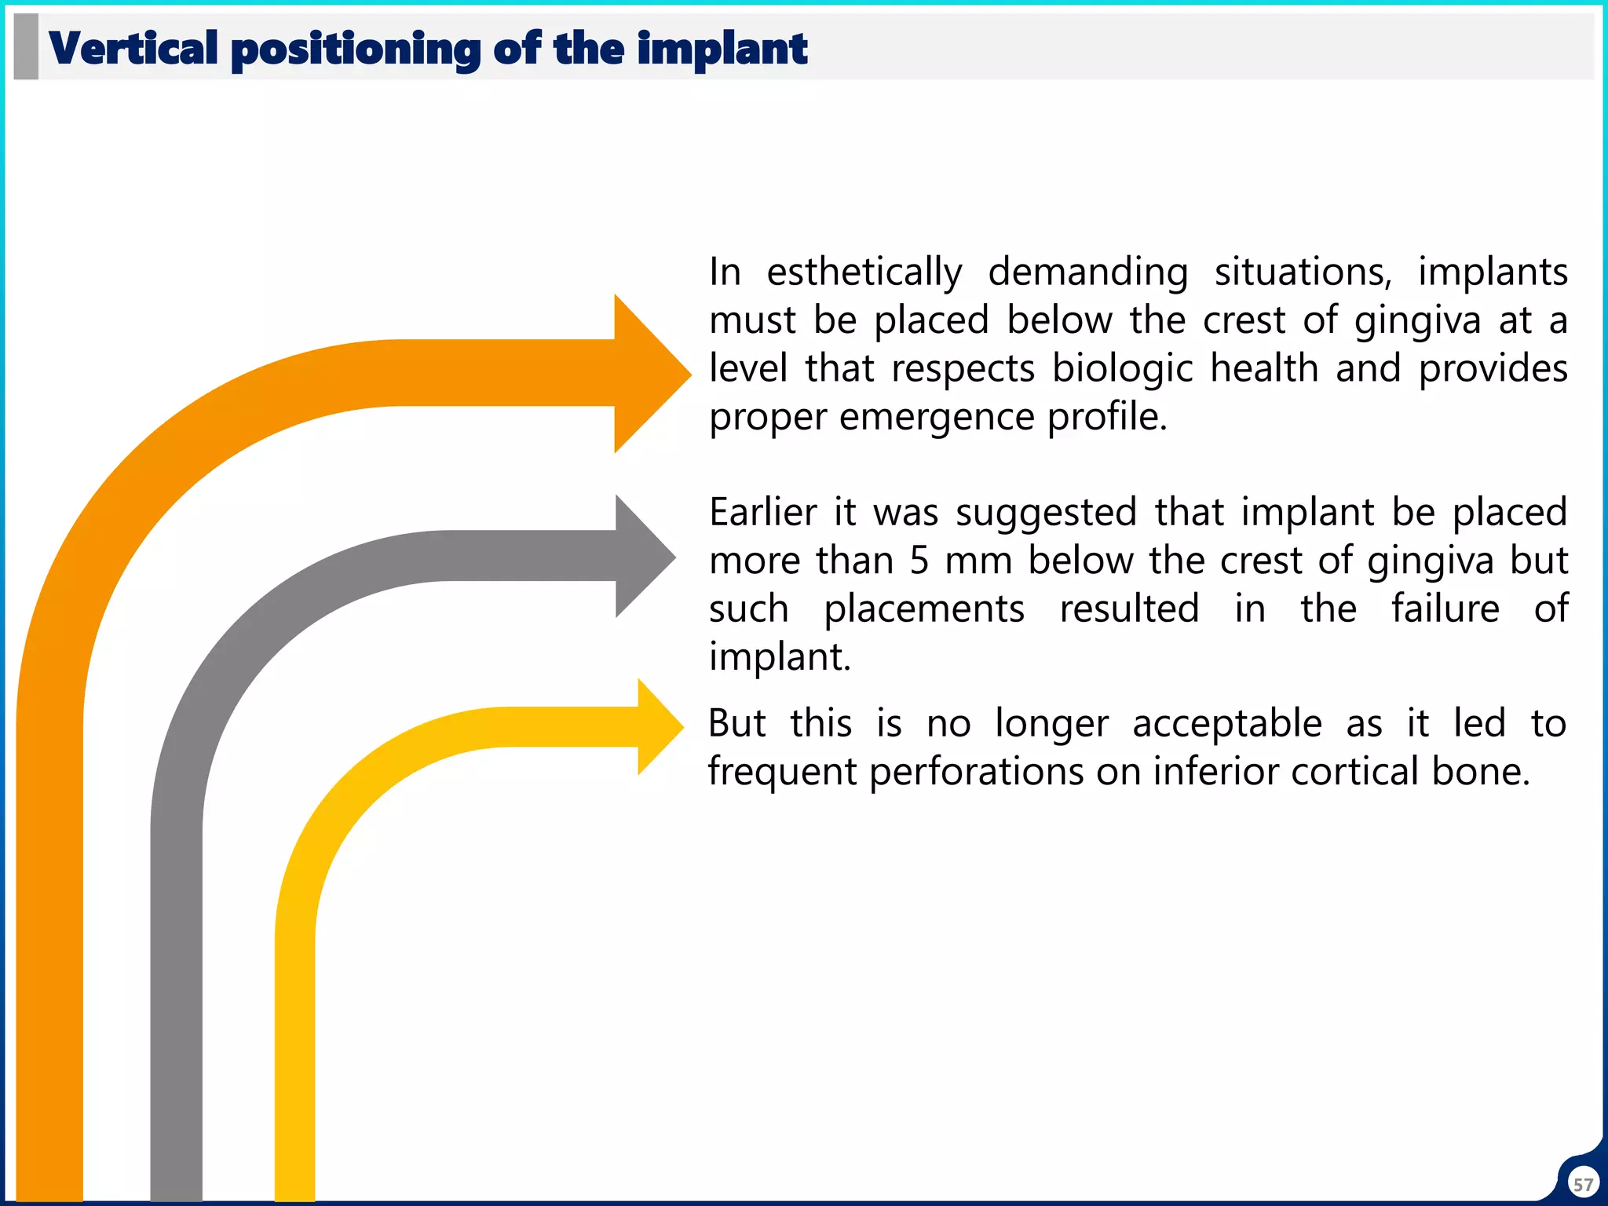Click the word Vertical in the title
click(133, 49)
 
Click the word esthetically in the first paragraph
click(864, 272)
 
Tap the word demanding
click(1087, 272)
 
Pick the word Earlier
click(762, 513)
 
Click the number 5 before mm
click(919, 561)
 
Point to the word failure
click(1445, 609)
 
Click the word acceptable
click(1226, 723)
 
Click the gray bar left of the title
click(26, 46)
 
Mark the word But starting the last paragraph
click(736, 723)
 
